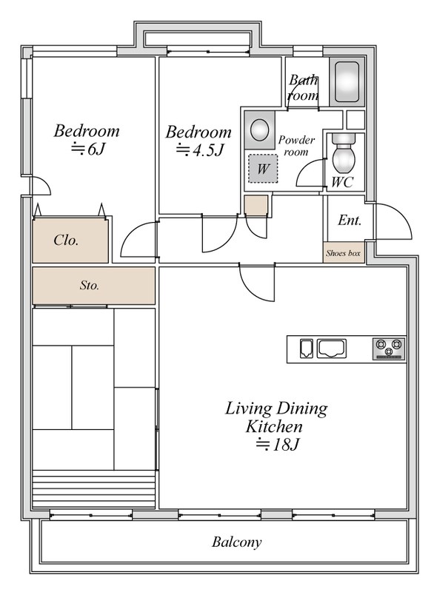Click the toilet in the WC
pyautogui.click(x=344, y=154)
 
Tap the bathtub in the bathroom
pyautogui.click(x=347, y=82)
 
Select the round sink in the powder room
pyautogui.click(x=260, y=130)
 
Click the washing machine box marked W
pyautogui.click(x=263, y=169)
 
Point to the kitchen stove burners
pyautogui.click(x=389, y=349)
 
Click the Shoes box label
pyautogui.click(x=343, y=253)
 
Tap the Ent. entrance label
pyautogui.click(x=350, y=220)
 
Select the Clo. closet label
pyautogui.click(x=66, y=240)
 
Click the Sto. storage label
pyautogui.click(x=90, y=285)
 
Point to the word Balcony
pyautogui.click(x=236, y=542)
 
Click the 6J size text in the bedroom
pyautogui.click(x=87, y=149)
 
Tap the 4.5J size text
pyautogui.click(x=200, y=150)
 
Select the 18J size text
pyautogui.click(x=278, y=445)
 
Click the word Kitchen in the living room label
pyautogui.click(x=274, y=427)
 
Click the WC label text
pyautogui.click(x=342, y=182)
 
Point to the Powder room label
pyautogui.click(x=296, y=146)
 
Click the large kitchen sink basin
pyautogui.click(x=332, y=348)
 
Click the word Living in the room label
pyautogui.click(x=248, y=409)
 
